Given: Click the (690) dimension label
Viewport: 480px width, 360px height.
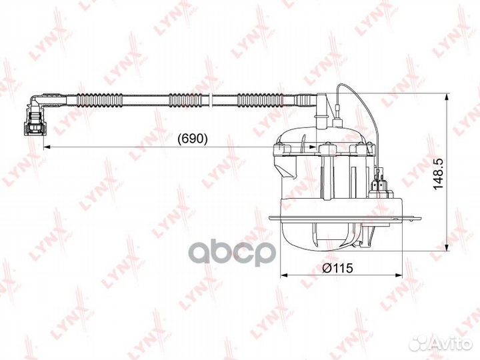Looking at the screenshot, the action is [193, 139].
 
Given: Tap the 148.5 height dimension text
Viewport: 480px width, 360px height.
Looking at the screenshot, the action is [438, 174].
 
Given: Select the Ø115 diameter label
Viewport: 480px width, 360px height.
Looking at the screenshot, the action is [337, 268].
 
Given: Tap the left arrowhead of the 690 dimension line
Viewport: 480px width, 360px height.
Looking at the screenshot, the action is [47, 147].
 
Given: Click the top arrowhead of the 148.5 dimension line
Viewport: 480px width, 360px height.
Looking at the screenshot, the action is [447, 97].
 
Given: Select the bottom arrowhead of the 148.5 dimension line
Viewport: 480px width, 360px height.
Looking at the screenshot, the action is [447, 247].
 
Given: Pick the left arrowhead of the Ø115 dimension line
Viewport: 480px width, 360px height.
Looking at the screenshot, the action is [284, 275].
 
